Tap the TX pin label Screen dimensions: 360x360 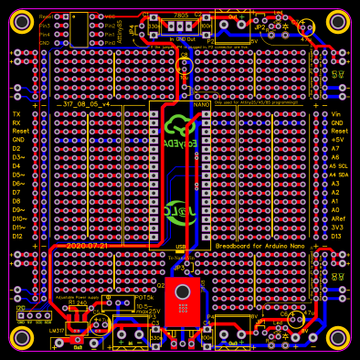[x=16, y=113]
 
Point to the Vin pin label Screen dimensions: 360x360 [x=336, y=113]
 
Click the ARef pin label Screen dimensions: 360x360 [x=339, y=219]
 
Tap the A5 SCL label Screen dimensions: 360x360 [x=339, y=166]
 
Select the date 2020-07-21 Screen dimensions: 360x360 [x=87, y=246]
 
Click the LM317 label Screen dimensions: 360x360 [x=57, y=330]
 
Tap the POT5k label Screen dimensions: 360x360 [x=143, y=298]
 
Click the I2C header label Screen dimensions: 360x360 [x=21, y=309]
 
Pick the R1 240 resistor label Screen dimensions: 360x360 [x=79, y=303]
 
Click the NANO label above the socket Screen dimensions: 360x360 [x=202, y=105]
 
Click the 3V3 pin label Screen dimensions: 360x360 [x=338, y=228]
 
